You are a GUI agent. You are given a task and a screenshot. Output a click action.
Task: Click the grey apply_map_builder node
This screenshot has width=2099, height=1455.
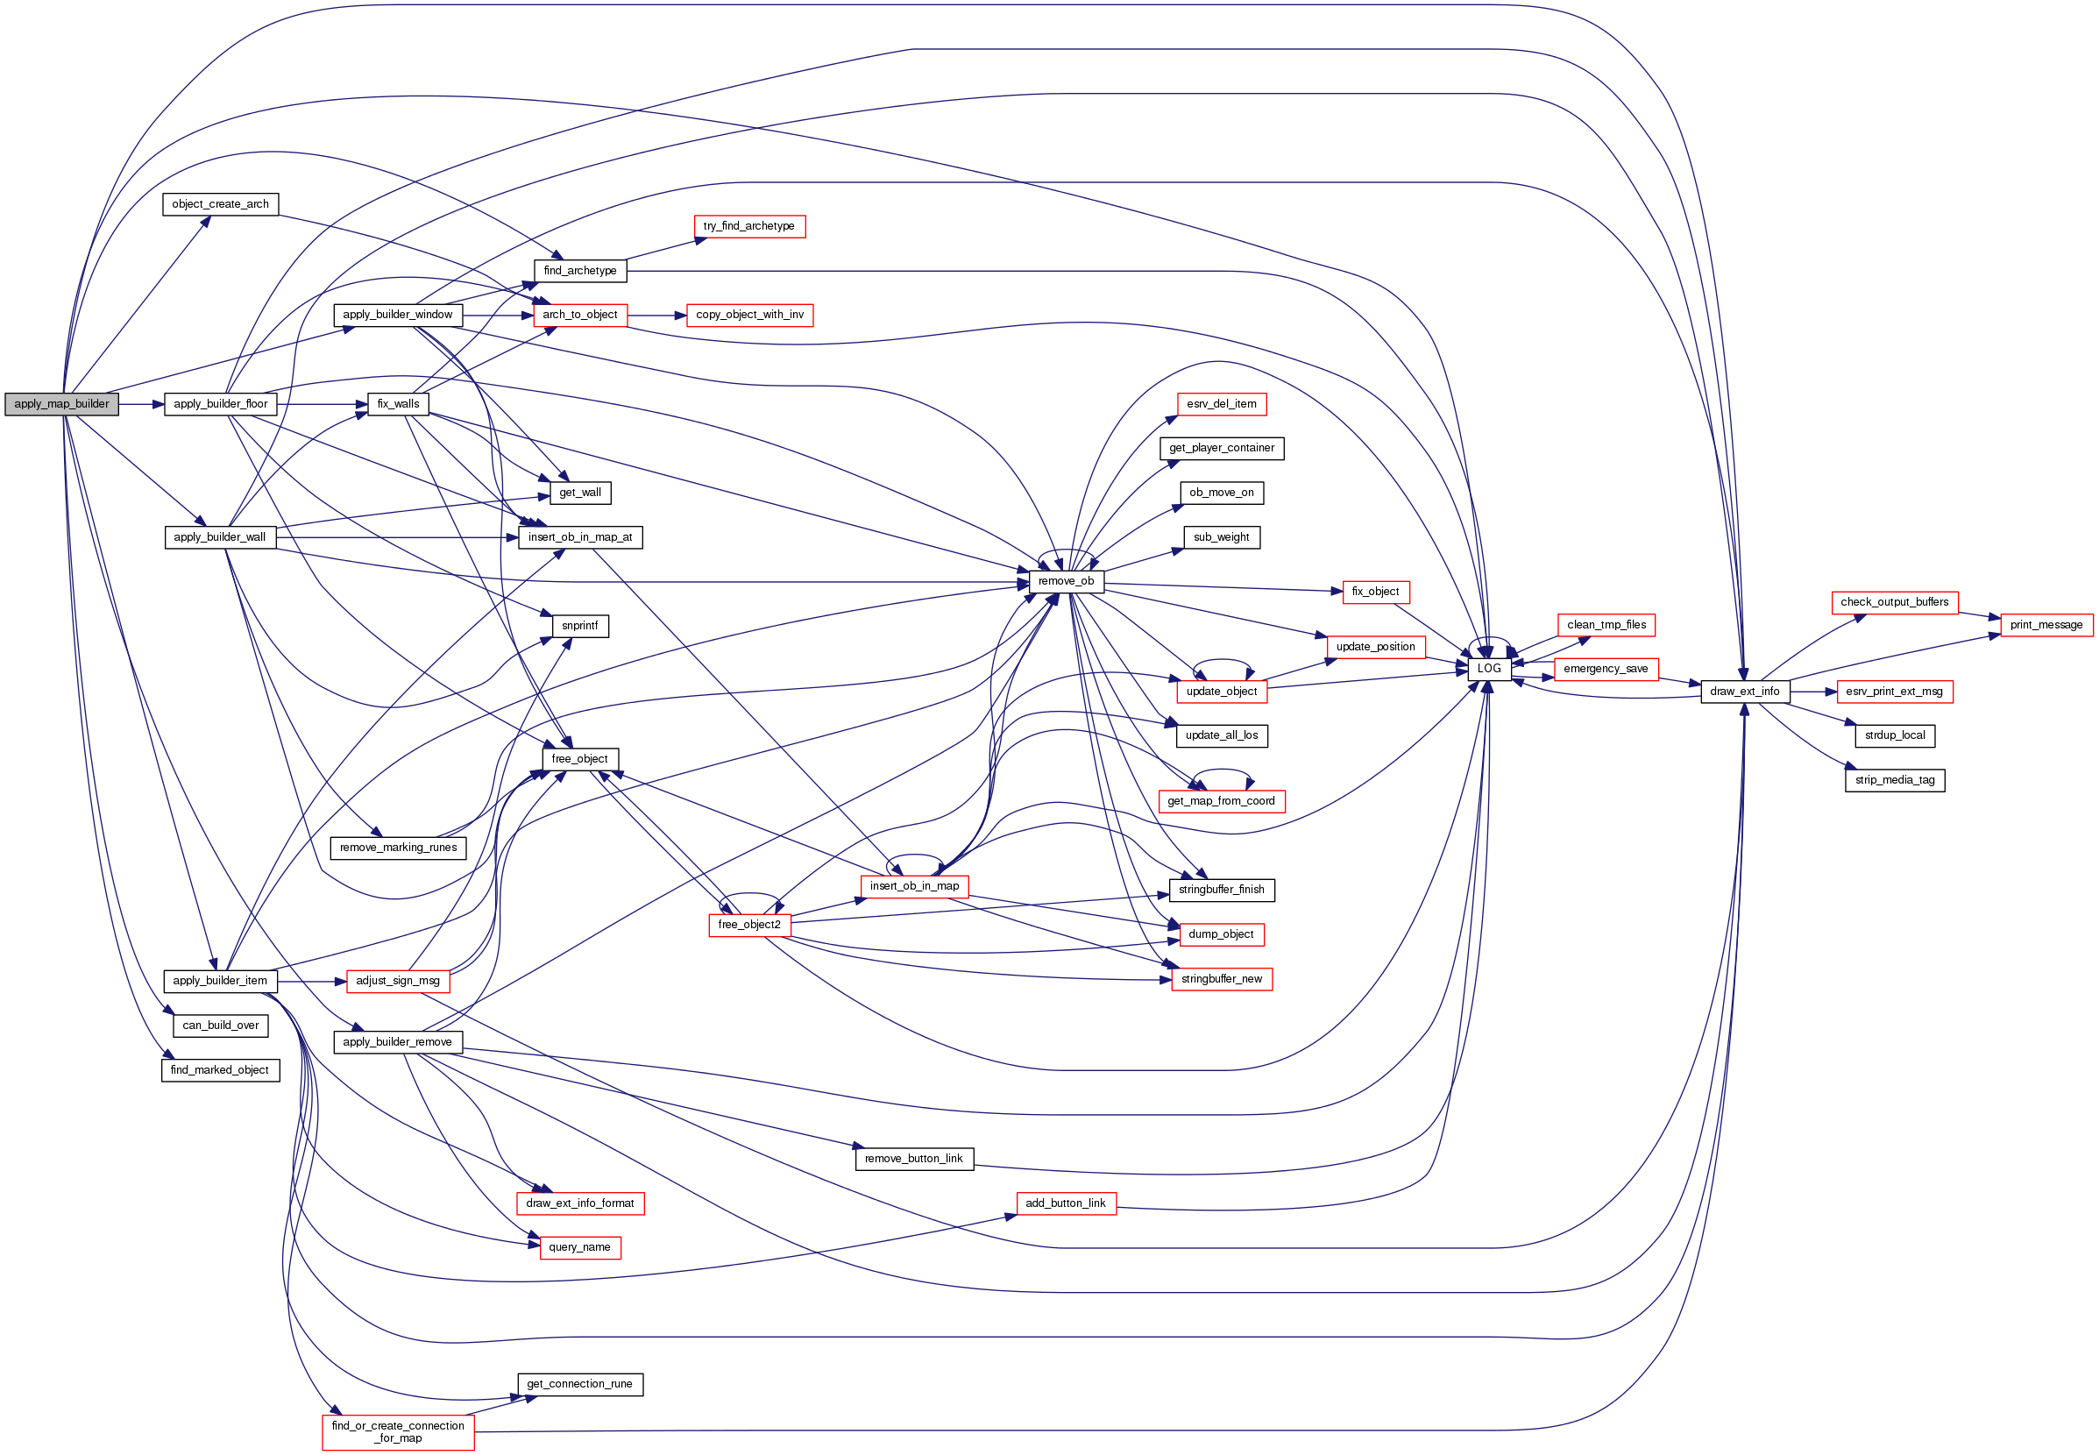coord(61,404)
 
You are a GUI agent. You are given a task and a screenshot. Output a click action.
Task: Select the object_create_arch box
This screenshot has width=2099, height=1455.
coord(220,204)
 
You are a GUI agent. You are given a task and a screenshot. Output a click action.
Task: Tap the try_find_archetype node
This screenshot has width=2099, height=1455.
coord(748,226)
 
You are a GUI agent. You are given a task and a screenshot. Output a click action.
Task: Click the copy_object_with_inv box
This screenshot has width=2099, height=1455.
coord(749,315)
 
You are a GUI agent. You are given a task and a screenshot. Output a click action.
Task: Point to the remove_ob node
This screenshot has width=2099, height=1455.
coord(1066,581)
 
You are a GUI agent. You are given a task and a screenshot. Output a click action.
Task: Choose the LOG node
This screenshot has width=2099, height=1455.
coord(1488,668)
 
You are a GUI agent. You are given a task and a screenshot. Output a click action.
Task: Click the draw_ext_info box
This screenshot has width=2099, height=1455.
coord(1743,691)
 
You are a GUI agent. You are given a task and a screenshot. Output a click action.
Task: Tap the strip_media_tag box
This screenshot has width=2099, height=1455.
coord(1894,779)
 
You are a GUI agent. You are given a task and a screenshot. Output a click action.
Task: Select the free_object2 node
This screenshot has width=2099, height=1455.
coord(748,925)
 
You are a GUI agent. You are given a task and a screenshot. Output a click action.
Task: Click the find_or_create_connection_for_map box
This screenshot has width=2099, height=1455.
coord(397,1431)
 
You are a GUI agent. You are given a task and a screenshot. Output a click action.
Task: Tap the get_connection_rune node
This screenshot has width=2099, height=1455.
coord(578,1384)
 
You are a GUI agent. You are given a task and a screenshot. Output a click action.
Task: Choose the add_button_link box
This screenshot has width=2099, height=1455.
coord(1065,1203)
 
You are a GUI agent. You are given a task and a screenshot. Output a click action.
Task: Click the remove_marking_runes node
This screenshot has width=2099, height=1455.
coord(397,847)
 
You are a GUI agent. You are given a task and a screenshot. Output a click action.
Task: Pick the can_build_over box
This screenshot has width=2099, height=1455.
coord(220,1026)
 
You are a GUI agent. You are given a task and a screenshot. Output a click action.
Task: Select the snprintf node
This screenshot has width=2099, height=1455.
coord(579,626)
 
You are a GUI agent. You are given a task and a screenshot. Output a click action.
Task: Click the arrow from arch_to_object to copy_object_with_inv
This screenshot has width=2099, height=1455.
coord(656,316)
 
